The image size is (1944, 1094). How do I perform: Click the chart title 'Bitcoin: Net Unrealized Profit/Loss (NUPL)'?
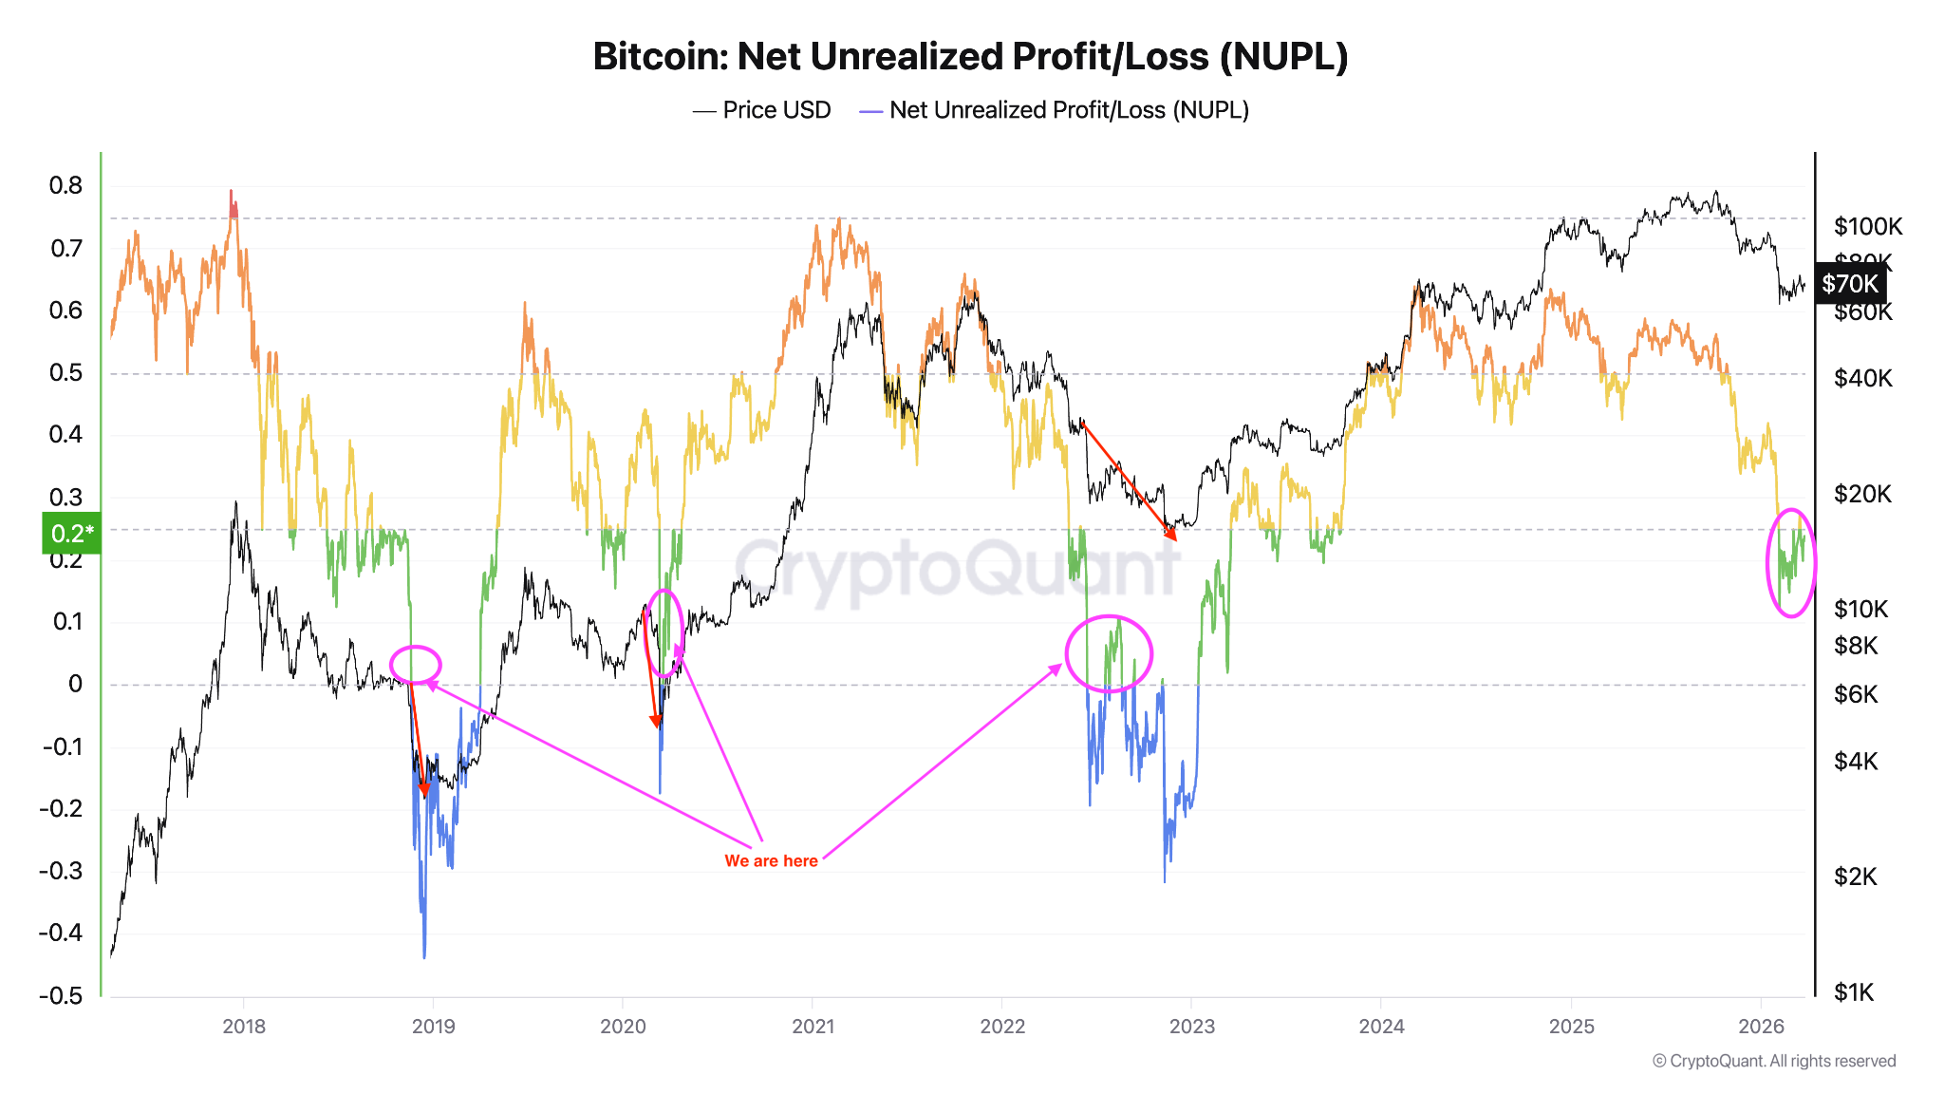(970, 57)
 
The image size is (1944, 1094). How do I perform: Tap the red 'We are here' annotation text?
(771, 861)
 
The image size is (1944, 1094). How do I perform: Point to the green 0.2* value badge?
(71, 533)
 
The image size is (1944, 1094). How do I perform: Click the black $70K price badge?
(1849, 284)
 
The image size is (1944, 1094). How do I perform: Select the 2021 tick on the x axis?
(813, 1027)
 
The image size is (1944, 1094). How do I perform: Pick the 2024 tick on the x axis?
(1381, 1027)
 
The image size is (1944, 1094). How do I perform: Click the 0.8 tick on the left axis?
(65, 186)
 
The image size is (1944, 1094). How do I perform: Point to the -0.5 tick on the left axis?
(61, 996)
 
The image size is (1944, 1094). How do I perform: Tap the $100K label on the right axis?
(1867, 226)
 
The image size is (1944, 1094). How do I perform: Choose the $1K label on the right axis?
(1854, 993)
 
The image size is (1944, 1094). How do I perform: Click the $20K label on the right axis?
(1862, 494)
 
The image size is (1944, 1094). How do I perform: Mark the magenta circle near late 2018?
(416, 664)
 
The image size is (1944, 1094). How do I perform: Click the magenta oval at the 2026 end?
(1790, 563)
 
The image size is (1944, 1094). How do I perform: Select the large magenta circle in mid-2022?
(1109, 653)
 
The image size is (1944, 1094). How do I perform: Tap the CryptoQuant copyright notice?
(1773, 1062)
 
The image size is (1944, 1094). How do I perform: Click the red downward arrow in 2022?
(1128, 481)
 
